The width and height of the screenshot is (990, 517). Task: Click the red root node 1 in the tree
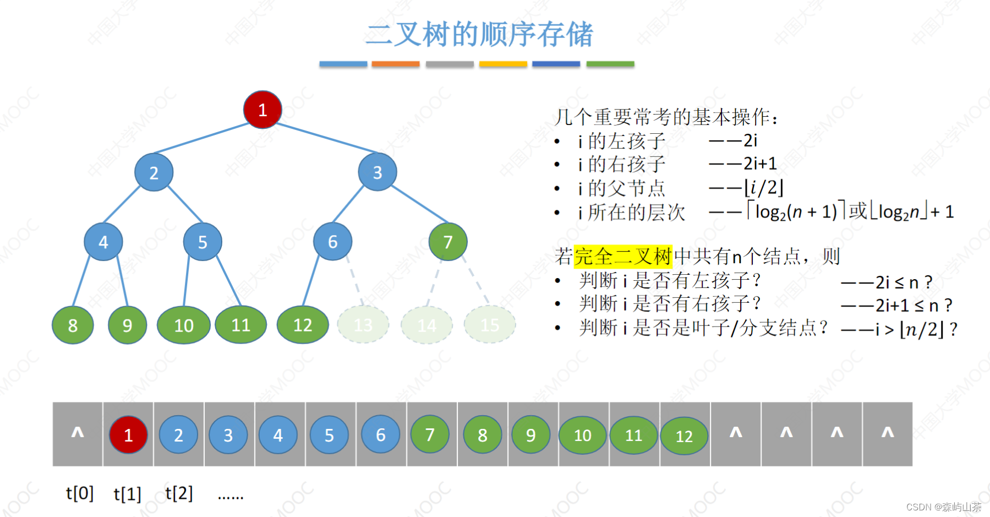coord(262,110)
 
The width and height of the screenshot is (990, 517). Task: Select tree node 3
coord(377,172)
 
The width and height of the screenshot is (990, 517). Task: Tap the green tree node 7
coord(448,242)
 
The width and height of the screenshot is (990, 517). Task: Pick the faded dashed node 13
coord(363,325)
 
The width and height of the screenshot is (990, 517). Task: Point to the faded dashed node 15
coord(490,325)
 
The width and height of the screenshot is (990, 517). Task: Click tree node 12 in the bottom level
coord(303,325)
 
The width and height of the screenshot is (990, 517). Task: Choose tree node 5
coord(203,242)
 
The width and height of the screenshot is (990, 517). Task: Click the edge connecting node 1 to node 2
coord(201,138)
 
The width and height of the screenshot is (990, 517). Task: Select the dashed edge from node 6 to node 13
coord(355,281)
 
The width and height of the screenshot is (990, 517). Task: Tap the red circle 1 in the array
coord(128,435)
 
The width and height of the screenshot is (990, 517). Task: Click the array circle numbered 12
coord(684,436)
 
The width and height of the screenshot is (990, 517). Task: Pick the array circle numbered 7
coord(430,435)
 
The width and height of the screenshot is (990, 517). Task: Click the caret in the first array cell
coord(78,433)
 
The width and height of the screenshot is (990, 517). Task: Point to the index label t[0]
coord(80,493)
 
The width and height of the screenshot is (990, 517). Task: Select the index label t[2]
coord(179,493)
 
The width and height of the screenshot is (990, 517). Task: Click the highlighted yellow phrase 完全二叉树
coord(623,257)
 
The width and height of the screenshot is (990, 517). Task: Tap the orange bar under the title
coord(395,64)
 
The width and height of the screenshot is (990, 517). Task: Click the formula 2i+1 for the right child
coord(760,164)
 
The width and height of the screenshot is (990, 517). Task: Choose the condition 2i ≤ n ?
coord(904,282)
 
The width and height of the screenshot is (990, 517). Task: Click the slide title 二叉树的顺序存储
coord(479,34)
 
